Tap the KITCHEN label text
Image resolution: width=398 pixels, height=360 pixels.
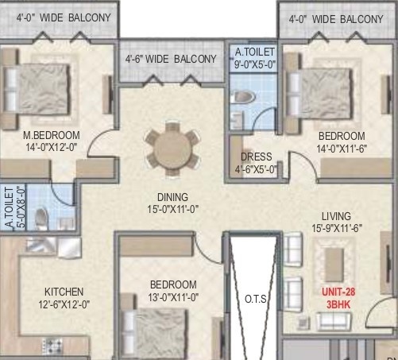[64, 292]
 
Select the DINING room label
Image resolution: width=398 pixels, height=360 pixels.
[172, 197]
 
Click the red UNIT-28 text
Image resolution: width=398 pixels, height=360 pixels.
[338, 292]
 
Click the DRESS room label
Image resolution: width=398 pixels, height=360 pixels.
[257, 157]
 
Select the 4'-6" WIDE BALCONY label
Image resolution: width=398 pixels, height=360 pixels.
[170, 59]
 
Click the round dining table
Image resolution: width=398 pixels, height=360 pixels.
[172, 146]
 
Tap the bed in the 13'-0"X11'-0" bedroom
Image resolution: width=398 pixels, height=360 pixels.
[162, 330]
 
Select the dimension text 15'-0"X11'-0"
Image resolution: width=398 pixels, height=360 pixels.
[172, 210]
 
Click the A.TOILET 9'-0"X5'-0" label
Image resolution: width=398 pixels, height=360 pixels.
[254, 58]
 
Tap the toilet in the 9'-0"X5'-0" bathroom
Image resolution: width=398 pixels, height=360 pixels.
[242, 98]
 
